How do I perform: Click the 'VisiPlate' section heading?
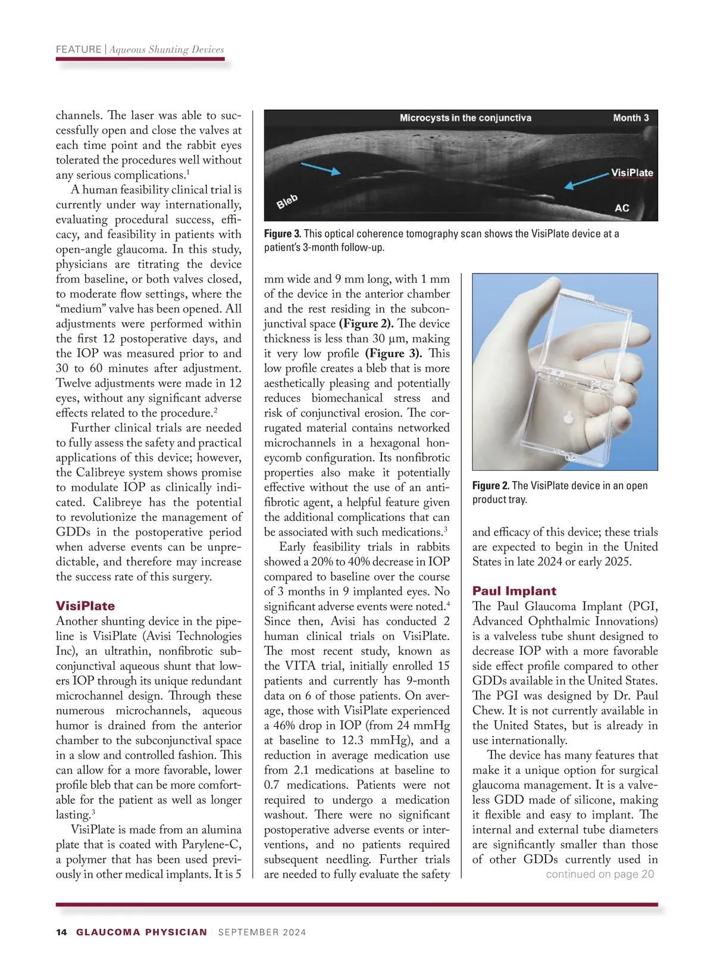[85, 606]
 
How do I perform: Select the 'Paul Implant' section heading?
[514, 591]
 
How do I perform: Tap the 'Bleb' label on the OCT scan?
[287, 201]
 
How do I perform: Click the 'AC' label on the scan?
[622, 208]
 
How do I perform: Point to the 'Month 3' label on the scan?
[631, 118]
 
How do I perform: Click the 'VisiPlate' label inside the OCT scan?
[632, 173]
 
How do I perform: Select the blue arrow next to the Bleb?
[321, 168]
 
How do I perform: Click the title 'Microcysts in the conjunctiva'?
[465, 118]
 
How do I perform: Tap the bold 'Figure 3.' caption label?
[283, 234]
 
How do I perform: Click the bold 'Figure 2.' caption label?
[491, 486]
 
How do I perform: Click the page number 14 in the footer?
[61, 932]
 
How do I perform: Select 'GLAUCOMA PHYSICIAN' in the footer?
[142, 932]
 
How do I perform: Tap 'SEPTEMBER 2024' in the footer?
[262, 932]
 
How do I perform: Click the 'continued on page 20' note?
[600, 874]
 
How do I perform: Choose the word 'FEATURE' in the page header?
[79, 49]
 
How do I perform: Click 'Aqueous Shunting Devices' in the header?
[167, 49]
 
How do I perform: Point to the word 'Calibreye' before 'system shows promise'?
[104, 473]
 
